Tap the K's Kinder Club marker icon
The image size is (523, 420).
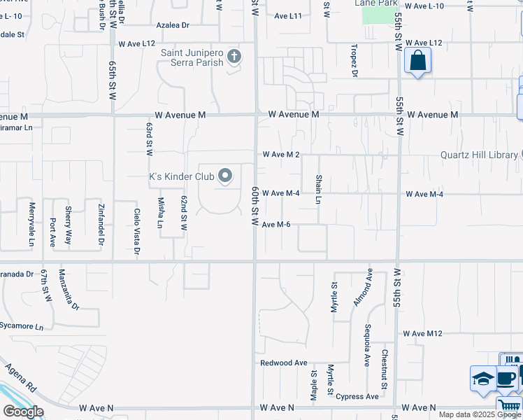(225, 176)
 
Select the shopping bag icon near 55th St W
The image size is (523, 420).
(417, 61)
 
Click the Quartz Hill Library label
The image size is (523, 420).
(479, 155)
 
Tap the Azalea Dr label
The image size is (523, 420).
(173, 25)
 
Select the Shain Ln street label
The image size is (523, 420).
(318, 190)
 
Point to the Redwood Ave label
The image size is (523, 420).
(284, 363)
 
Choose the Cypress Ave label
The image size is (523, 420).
(357, 397)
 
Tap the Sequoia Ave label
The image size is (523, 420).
(366, 345)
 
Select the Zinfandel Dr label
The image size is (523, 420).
(101, 221)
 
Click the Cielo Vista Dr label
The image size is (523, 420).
(137, 231)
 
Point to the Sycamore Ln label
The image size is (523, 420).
(22, 327)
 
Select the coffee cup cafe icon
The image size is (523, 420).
(507, 379)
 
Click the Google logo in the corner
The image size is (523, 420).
(23, 412)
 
